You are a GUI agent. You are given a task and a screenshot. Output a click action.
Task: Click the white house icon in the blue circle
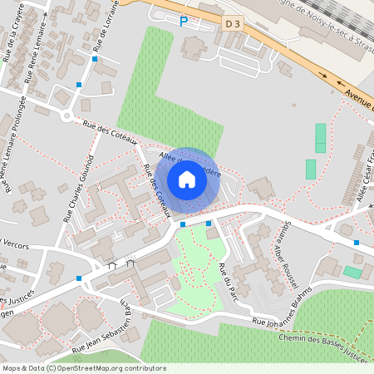(x=187, y=179)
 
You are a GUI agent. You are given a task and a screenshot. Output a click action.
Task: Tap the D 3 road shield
(x=234, y=24)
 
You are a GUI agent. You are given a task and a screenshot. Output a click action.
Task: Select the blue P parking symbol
(x=184, y=21)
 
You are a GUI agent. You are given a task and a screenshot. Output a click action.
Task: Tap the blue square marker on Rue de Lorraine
(x=95, y=59)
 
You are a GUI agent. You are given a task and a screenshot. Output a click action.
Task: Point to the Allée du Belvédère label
(x=189, y=161)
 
